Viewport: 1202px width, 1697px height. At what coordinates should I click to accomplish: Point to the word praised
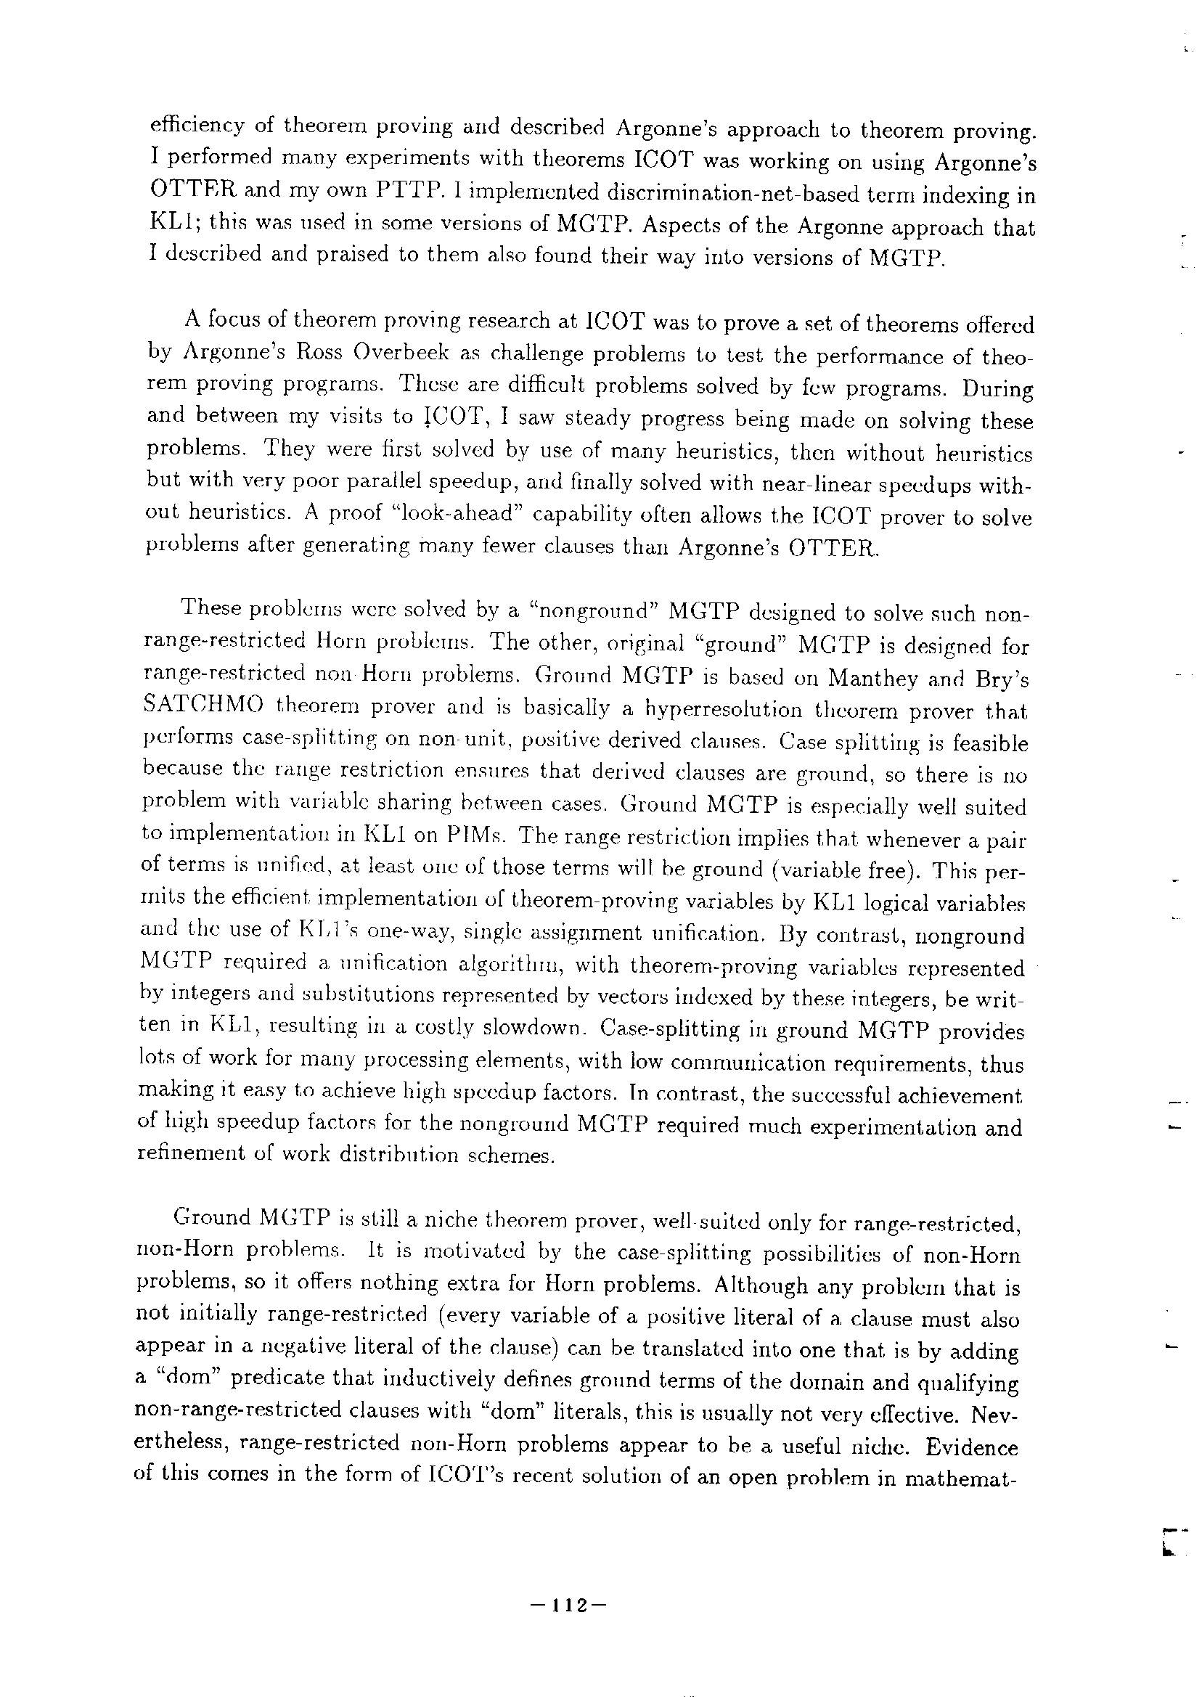point(360,255)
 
